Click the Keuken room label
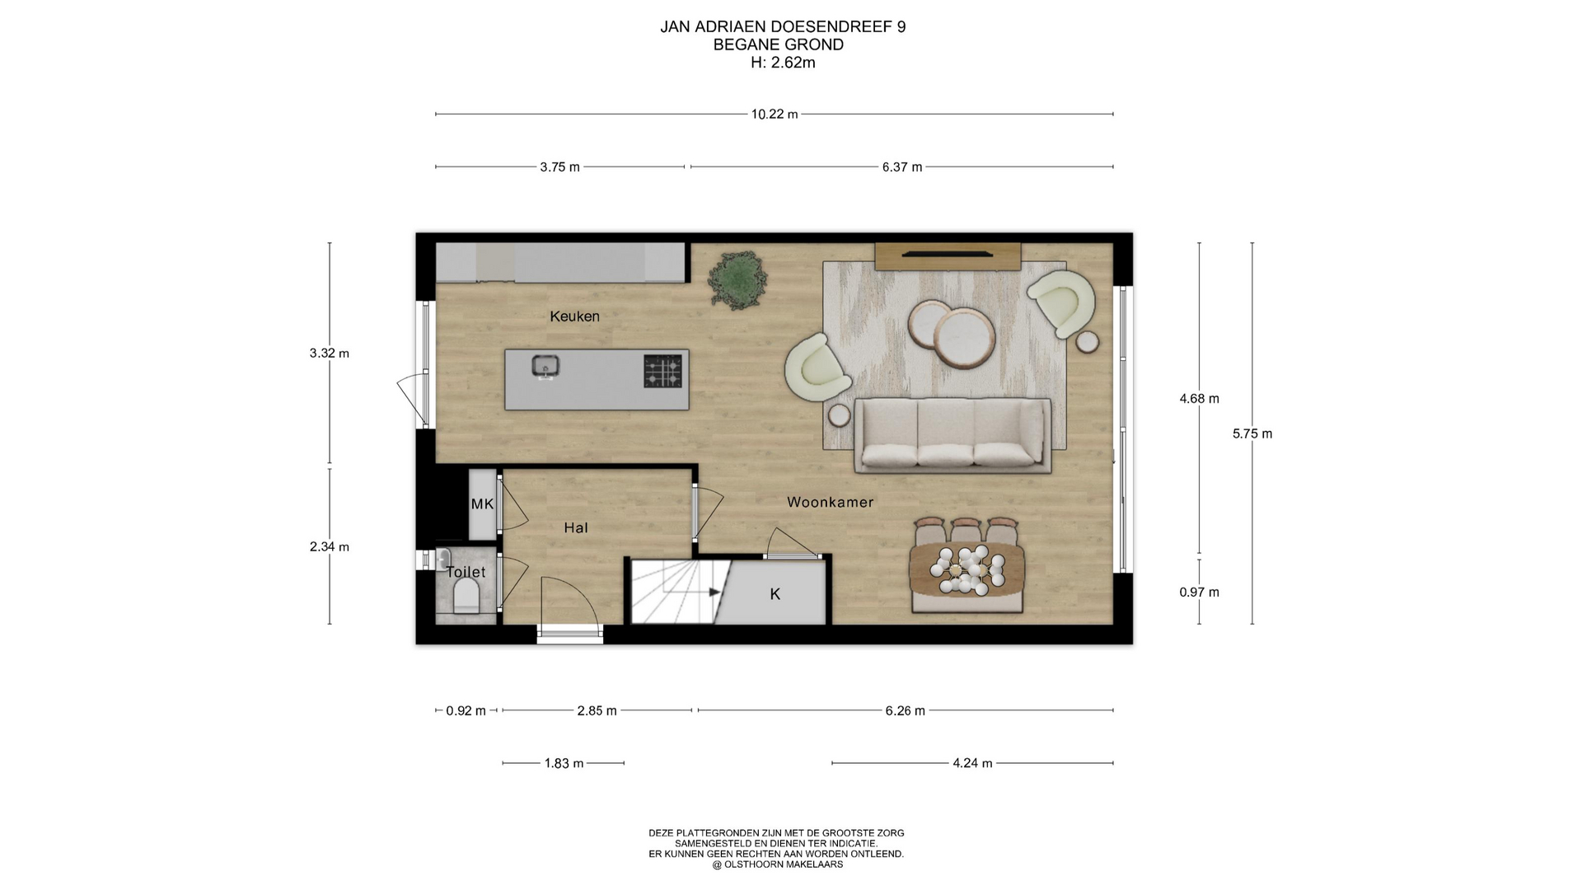click(574, 316)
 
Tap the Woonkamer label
click(830, 502)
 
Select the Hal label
click(576, 528)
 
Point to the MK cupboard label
click(482, 504)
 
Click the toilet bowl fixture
click(466, 595)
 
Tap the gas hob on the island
click(663, 371)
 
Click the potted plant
click(738, 280)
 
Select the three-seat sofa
click(952, 435)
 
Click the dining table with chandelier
click(967, 570)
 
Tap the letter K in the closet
click(775, 594)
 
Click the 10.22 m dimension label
click(775, 115)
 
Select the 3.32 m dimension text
click(330, 354)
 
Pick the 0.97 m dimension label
click(1199, 593)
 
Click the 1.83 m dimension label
click(564, 764)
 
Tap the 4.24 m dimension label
click(972, 764)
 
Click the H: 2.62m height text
click(783, 63)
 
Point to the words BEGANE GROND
click(779, 44)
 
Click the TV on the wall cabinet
click(948, 255)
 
